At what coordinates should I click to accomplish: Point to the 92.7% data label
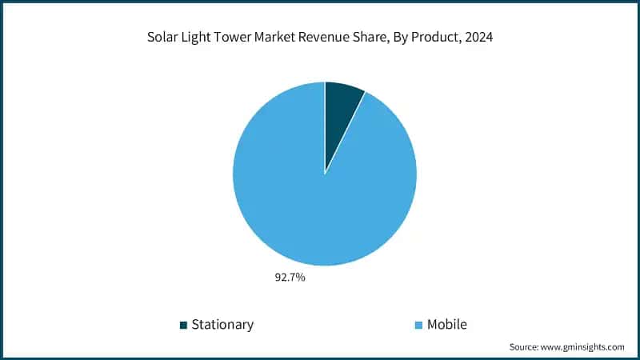click(290, 278)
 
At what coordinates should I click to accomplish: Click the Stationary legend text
click(222, 324)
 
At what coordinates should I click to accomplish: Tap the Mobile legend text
click(446, 324)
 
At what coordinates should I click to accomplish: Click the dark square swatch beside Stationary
click(183, 325)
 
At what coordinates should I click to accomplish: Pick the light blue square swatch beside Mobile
click(418, 325)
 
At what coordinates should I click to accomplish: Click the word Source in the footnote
click(526, 347)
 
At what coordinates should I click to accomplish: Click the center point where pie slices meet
click(325, 174)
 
